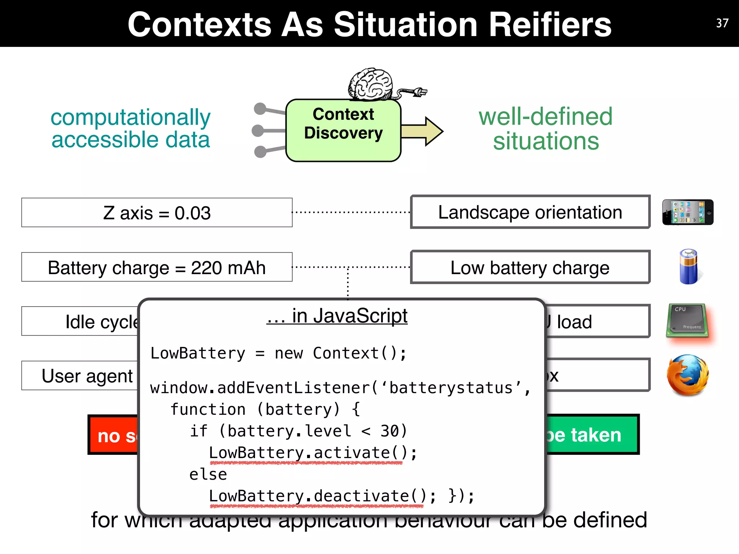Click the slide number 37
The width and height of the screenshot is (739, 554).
click(722, 23)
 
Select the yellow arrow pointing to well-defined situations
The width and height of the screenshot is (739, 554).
click(422, 131)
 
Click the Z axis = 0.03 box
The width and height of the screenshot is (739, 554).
click(157, 213)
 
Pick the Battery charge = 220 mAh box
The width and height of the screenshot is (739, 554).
click(157, 268)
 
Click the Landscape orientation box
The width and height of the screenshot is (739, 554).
click(530, 212)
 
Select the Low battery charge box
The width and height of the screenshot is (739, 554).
click(530, 268)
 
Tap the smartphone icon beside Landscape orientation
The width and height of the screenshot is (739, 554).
click(687, 212)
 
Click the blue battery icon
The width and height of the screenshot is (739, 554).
click(688, 267)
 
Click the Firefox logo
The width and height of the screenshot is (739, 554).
click(687, 375)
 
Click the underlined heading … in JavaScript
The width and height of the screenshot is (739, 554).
click(337, 316)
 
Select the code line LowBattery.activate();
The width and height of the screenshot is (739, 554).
click(312, 453)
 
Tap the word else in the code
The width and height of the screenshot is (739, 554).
click(208, 475)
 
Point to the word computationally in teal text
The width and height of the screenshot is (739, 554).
click(130, 118)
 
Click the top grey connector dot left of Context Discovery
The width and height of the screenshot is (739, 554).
click(260, 109)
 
